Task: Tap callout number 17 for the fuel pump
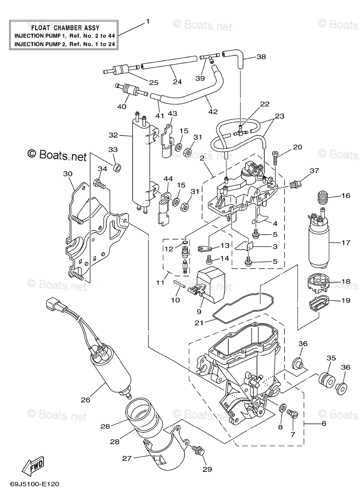click(x=346, y=242)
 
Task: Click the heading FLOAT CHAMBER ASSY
click(x=66, y=28)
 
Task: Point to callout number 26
click(x=85, y=400)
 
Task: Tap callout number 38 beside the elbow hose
click(x=261, y=57)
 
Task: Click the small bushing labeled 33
click(x=117, y=168)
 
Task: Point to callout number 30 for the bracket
click(x=68, y=173)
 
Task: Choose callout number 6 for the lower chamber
click(x=324, y=424)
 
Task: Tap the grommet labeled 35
click(x=326, y=381)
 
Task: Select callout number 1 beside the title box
click(x=148, y=22)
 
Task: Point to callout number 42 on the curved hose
click(x=213, y=112)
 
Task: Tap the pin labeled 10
click(x=179, y=284)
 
